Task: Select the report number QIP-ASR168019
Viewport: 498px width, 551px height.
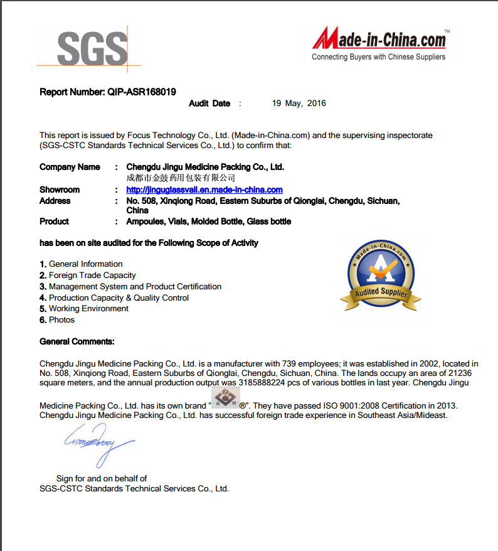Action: (142, 92)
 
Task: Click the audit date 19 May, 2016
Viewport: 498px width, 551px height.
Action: (299, 104)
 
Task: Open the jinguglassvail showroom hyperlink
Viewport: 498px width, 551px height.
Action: (204, 190)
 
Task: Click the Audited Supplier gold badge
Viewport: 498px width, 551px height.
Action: (381, 277)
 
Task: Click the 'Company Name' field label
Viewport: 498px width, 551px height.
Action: (70, 167)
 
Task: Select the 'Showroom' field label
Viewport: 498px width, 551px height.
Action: (60, 190)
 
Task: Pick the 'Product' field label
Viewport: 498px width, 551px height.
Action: (54, 222)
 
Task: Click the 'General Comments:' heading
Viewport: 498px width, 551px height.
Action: (77, 341)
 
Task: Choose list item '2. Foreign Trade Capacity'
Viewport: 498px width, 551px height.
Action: (88, 275)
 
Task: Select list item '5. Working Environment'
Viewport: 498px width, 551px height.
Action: (84, 309)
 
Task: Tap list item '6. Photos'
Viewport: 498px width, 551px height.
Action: (57, 320)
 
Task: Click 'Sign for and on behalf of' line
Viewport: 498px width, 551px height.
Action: (102, 478)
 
